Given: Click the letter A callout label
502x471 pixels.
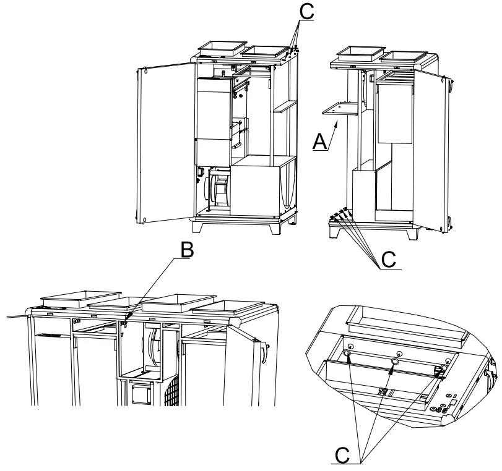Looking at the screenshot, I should tap(319, 141).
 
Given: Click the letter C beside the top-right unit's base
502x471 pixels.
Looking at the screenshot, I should tap(387, 260).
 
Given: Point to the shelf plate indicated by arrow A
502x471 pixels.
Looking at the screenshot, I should tap(339, 110).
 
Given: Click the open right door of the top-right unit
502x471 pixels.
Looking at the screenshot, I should tap(433, 148).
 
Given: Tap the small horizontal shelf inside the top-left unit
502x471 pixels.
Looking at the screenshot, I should tap(283, 108).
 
